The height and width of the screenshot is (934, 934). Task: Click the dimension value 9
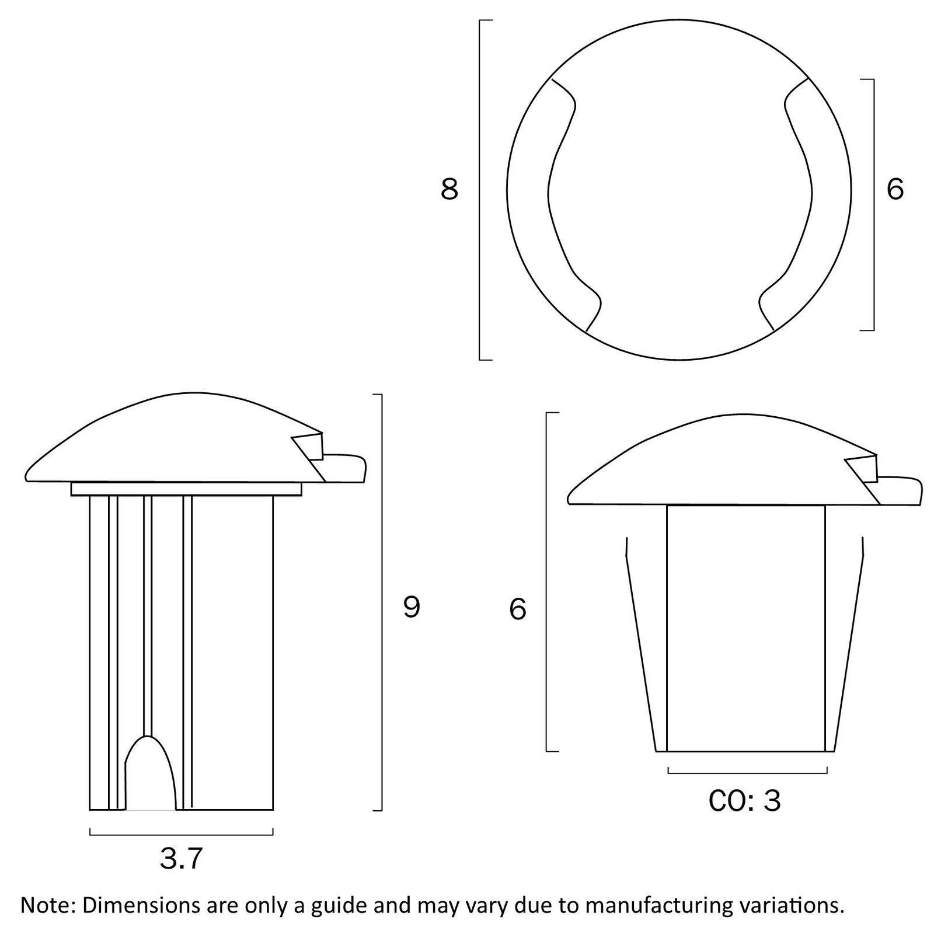click(x=412, y=608)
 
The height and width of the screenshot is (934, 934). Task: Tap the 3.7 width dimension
click(x=181, y=859)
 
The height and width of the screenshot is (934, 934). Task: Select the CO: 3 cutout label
click(x=744, y=801)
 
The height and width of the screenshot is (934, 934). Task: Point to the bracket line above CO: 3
click(x=747, y=773)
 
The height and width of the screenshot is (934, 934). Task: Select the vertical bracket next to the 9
click(x=382, y=602)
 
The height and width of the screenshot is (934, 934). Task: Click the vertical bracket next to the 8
click(x=480, y=190)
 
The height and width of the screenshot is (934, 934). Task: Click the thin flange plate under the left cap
click(x=186, y=489)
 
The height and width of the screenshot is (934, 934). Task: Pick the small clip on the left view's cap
click(x=310, y=447)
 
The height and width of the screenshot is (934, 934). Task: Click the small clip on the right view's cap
click(x=863, y=468)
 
